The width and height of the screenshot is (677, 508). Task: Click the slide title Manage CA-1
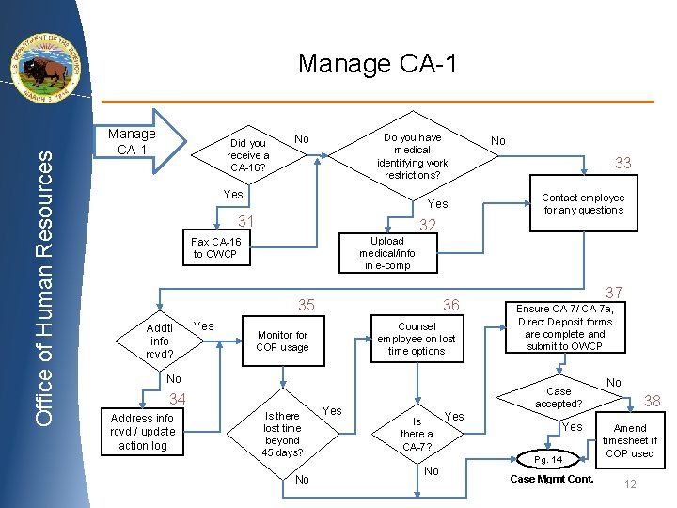[377, 64]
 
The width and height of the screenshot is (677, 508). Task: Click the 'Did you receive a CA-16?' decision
[248, 155]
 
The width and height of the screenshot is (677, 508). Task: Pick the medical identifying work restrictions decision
[412, 156]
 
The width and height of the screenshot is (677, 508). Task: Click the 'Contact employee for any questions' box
[583, 204]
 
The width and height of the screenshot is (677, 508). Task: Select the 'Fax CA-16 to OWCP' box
[216, 247]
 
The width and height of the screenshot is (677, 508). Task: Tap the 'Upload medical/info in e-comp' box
[386, 253]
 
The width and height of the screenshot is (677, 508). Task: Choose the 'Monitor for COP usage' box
[282, 341]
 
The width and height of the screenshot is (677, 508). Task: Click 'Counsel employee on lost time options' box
[416, 339]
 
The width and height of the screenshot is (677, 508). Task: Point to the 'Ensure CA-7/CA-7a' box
[565, 327]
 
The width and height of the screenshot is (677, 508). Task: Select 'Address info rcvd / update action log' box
[142, 432]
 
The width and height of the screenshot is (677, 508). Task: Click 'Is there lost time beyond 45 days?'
[282, 434]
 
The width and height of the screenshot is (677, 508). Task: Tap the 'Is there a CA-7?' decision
[417, 434]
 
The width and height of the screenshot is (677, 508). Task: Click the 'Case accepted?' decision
[559, 397]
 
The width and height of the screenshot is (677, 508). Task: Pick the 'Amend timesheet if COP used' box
[630, 440]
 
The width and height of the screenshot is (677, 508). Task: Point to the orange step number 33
[622, 163]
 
